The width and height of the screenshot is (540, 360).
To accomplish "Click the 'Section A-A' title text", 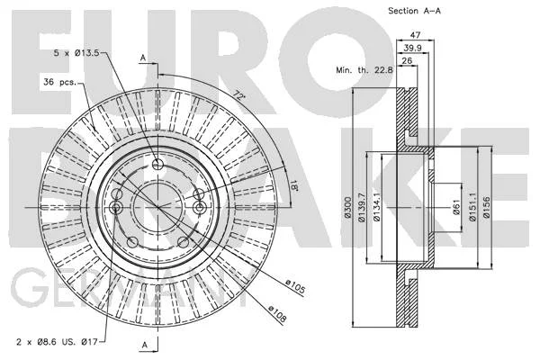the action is coord(414,11).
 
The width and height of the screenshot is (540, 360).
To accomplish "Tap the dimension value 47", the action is coord(415,35).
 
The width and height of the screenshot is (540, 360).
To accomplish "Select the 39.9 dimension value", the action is coord(412,48).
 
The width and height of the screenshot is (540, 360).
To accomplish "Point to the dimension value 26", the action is coord(407,60).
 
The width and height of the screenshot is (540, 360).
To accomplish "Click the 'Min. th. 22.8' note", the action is coord(364,70).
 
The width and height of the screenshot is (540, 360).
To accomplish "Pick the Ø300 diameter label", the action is coord(347,207).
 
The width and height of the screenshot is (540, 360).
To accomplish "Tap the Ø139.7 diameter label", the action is coord(361,207).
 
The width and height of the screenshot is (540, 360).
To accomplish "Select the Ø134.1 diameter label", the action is coord(377,207).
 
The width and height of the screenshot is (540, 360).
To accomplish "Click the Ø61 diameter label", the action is coord(456,207).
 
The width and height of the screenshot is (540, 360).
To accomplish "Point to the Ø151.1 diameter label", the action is coord(472,207).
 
